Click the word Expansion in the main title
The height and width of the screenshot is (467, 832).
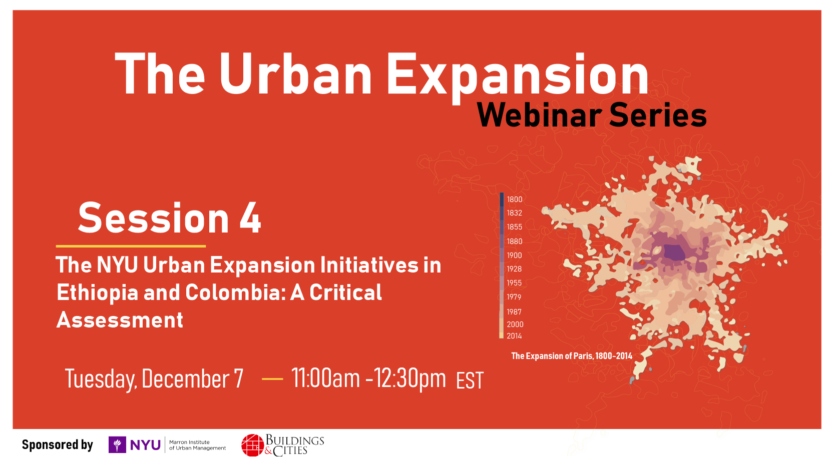click(518, 76)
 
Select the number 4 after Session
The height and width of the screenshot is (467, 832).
click(250, 218)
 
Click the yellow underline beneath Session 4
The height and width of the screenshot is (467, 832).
click(131, 246)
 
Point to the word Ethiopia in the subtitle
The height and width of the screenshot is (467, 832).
click(97, 292)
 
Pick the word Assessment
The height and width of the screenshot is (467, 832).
click(120, 319)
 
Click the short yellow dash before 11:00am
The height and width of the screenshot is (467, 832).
click(272, 378)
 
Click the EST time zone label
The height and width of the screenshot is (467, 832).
click(470, 380)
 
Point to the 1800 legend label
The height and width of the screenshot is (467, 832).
click(515, 199)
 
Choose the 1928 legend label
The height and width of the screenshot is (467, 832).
click(515, 269)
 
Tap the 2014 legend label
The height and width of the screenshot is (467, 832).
click(515, 336)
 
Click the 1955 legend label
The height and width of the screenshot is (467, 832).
click(515, 283)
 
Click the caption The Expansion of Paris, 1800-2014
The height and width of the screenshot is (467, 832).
click(572, 356)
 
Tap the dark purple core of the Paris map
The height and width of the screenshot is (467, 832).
click(674, 252)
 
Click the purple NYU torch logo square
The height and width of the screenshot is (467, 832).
click(117, 444)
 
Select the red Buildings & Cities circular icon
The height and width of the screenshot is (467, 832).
click(253, 445)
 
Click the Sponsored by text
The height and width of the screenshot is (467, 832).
click(58, 444)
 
